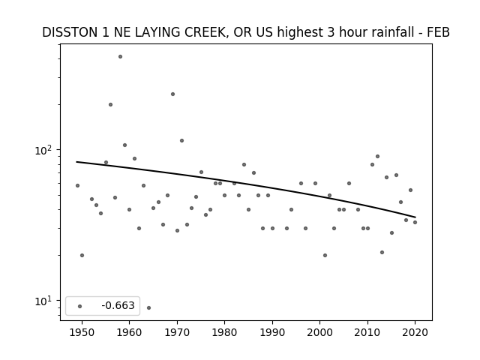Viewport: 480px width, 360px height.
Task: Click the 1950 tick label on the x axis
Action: (x=82, y=332)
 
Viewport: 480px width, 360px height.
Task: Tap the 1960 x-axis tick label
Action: (x=129, y=332)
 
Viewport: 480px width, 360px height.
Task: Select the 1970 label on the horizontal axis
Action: (x=177, y=332)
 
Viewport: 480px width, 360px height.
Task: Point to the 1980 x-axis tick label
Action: (x=224, y=332)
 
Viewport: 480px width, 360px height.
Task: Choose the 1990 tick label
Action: (x=272, y=332)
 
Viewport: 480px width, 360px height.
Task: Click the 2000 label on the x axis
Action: (x=320, y=332)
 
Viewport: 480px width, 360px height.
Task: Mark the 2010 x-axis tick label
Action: (x=367, y=332)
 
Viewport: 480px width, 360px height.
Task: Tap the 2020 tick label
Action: (x=415, y=332)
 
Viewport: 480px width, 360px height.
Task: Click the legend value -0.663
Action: (x=118, y=305)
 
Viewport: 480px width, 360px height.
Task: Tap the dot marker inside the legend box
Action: (x=80, y=306)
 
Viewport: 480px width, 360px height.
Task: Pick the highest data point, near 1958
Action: (x=120, y=57)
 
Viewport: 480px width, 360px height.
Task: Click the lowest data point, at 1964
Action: (x=148, y=307)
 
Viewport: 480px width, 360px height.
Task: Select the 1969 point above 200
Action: (x=172, y=94)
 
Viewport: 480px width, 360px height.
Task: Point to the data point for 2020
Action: (x=415, y=222)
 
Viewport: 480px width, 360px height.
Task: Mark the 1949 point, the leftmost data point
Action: (x=77, y=185)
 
